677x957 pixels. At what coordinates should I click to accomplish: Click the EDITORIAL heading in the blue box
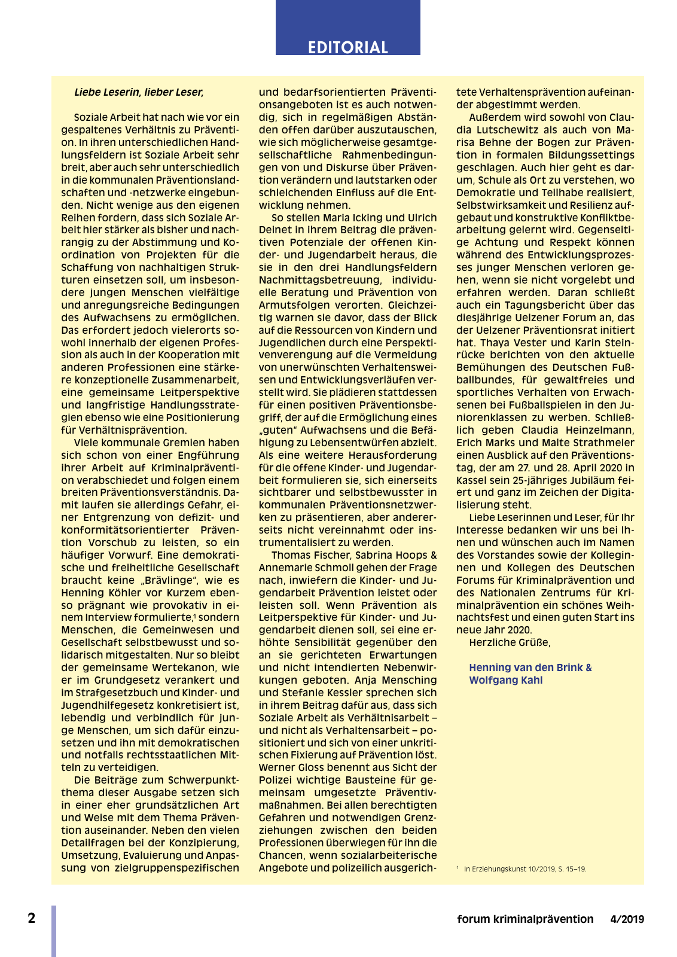coord(347,47)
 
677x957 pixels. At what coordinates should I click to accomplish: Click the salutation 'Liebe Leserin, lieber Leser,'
coord(139,92)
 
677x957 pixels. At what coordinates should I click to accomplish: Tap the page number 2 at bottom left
coord(32,918)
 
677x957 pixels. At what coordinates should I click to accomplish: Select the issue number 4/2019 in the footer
coord(627,919)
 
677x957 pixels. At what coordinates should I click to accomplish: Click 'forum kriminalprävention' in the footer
coord(525,919)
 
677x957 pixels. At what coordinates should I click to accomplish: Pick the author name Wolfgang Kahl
coord(505,680)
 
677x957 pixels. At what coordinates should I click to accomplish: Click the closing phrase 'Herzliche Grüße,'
coord(510,642)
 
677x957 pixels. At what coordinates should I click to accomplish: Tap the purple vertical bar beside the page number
coord(54,931)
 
